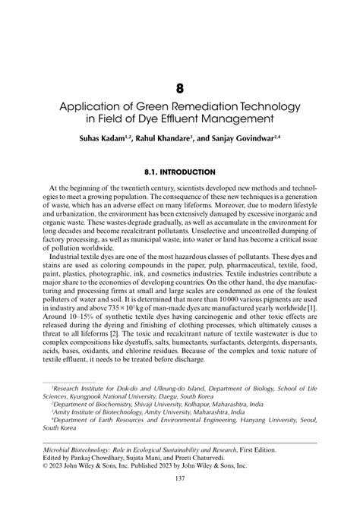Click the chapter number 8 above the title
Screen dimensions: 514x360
(180, 89)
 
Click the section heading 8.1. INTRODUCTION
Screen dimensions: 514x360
(180, 172)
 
